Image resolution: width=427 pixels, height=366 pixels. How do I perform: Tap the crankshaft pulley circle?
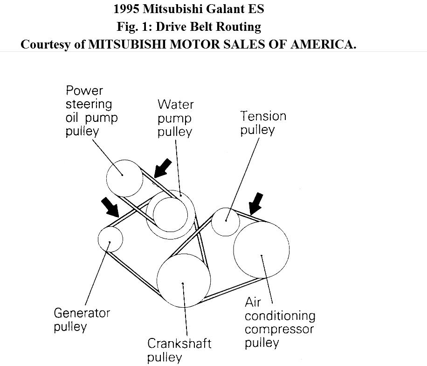pyautogui.click(x=182, y=281)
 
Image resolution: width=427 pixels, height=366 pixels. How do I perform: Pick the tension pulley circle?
pyautogui.click(x=226, y=221)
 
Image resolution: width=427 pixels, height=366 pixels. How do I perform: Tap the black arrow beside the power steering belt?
pyautogui.click(x=162, y=168)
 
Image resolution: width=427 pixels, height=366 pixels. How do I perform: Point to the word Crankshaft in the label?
pyautogui.click(x=179, y=344)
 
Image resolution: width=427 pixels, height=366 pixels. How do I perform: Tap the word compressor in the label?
pyautogui.click(x=279, y=329)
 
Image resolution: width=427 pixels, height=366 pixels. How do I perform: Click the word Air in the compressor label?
pyautogui.click(x=253, y=302)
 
